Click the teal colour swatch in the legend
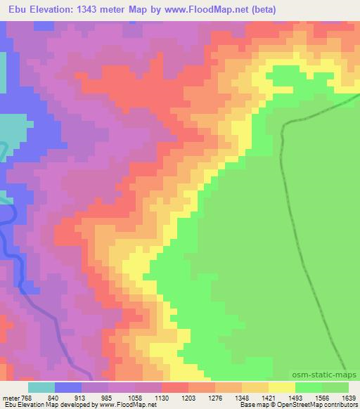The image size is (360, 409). point(41,387)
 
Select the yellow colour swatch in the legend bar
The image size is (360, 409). point(282,387)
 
